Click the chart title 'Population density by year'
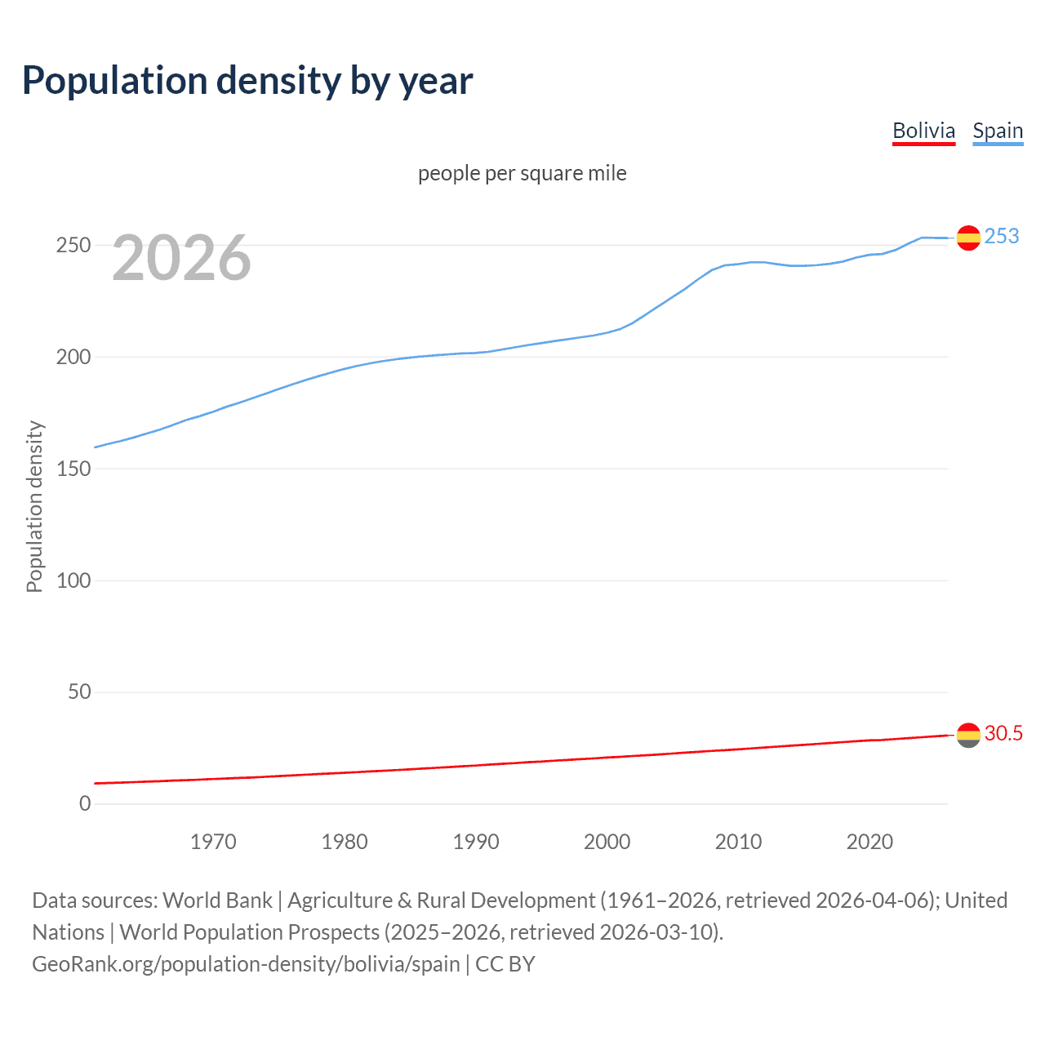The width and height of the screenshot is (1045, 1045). (x=247, y=81)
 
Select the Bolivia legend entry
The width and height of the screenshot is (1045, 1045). (x=923, y=131)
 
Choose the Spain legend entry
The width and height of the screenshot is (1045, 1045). (x=998, y=131)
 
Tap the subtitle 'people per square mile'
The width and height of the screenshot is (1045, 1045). (x=522, y=173)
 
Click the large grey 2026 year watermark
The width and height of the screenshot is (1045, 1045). (x=181, y=258)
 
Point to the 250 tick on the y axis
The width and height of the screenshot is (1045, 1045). (x=73, y=245)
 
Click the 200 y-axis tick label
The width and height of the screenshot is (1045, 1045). (x=73, y=357)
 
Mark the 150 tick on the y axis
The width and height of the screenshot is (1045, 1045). (x=73, y=469)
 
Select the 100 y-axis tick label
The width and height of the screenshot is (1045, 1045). (x=73, y=580)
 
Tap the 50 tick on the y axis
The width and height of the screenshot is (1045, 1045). (x=79, y=692)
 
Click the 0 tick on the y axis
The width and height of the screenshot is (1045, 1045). (x=85, y=804)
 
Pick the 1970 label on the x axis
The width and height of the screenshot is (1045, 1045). (x=213, y=842)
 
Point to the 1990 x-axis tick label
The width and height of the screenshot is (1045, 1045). (x=476, y=842)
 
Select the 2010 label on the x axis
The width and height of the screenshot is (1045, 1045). (x=738, y=842)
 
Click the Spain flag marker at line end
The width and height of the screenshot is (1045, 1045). (x=968, y=238)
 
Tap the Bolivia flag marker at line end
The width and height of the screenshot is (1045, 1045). (x=968, y=735)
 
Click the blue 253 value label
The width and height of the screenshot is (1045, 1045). (x=1002, y=236)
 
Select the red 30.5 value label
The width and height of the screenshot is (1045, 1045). (x=1003, y=733)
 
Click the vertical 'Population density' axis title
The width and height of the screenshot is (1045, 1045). (x=34, y=506)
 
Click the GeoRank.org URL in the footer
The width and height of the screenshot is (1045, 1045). (x=246, y=964)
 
